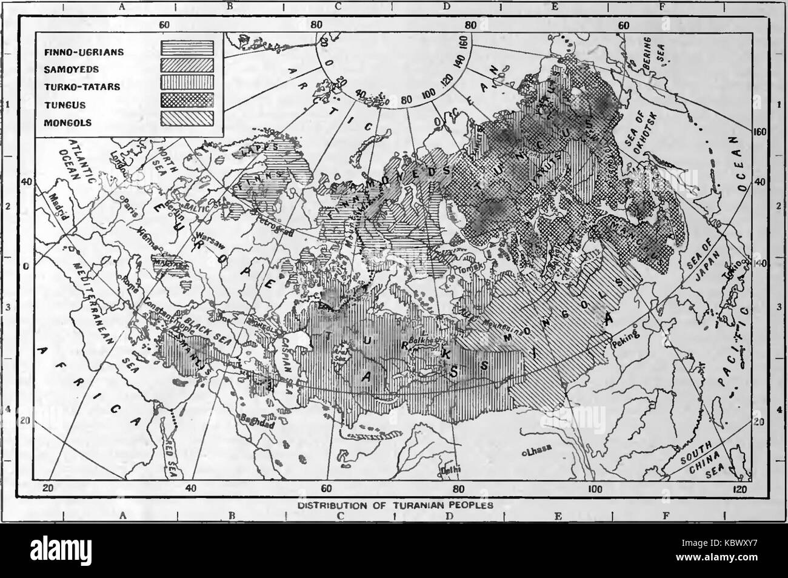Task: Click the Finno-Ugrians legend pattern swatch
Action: tap(187, 48)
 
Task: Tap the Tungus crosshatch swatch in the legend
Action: tap(187, 100)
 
